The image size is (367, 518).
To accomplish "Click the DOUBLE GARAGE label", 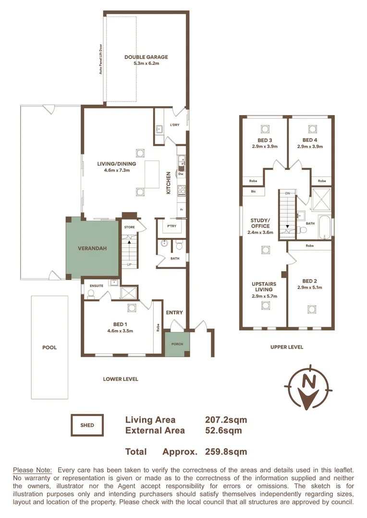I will click(146, 57).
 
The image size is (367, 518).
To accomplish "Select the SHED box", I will click(87, 425).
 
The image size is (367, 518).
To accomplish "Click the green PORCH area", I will click(177, 344).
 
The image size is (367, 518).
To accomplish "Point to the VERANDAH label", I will click(92, 248).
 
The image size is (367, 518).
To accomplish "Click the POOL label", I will click(49, 348).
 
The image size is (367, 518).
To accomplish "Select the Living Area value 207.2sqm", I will click(226, 420).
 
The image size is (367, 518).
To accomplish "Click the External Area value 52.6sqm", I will click(223, 430).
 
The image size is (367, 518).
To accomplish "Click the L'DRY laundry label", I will click(175, 126).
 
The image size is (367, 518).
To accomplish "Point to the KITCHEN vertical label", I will click(169, 183).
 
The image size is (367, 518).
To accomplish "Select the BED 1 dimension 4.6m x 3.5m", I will click(120, 330).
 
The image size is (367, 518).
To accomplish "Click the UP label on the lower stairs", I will click(129, 265).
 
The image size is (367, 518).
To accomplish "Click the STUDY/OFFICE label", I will click(260, 223).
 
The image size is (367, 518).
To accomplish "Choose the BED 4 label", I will click(310, 141).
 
